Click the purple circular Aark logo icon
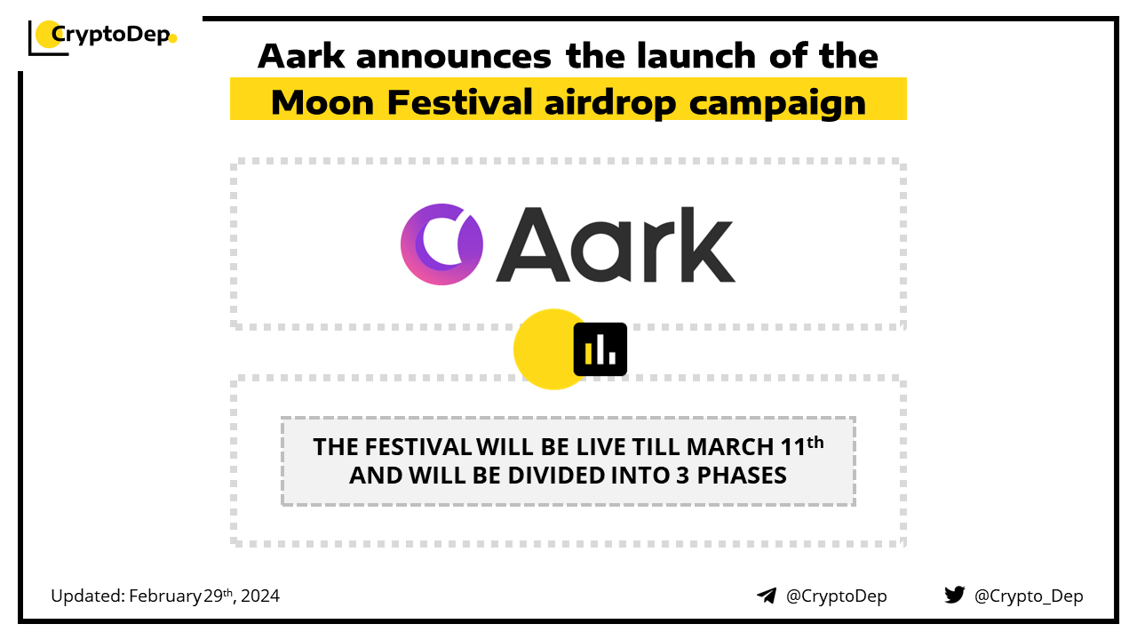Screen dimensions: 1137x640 click(x=441, y=244)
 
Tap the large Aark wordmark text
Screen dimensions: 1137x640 click(x=616, y=244)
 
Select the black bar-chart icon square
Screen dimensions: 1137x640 click(x=600, y=349)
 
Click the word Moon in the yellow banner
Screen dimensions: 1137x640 click(x=322, y=102)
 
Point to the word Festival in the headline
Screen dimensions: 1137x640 click(x=459, y=102)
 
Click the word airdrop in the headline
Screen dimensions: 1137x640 click(x=610, y=104)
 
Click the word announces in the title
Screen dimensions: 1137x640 click(x=453, y=57)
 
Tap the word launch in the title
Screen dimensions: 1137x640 click(x=696, y=55)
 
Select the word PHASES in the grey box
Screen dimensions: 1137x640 click(x=742, y=476)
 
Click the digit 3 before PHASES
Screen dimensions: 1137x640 click(x=683, y=476)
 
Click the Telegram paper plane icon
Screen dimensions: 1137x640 click(x=767, y=596)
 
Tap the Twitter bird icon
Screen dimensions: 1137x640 click(x=955, y=595)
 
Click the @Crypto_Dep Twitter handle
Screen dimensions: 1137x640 click(x=1029, y=596)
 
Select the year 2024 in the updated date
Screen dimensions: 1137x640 click(x=260, y=596)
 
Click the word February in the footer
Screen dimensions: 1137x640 click(x=165, y=596)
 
